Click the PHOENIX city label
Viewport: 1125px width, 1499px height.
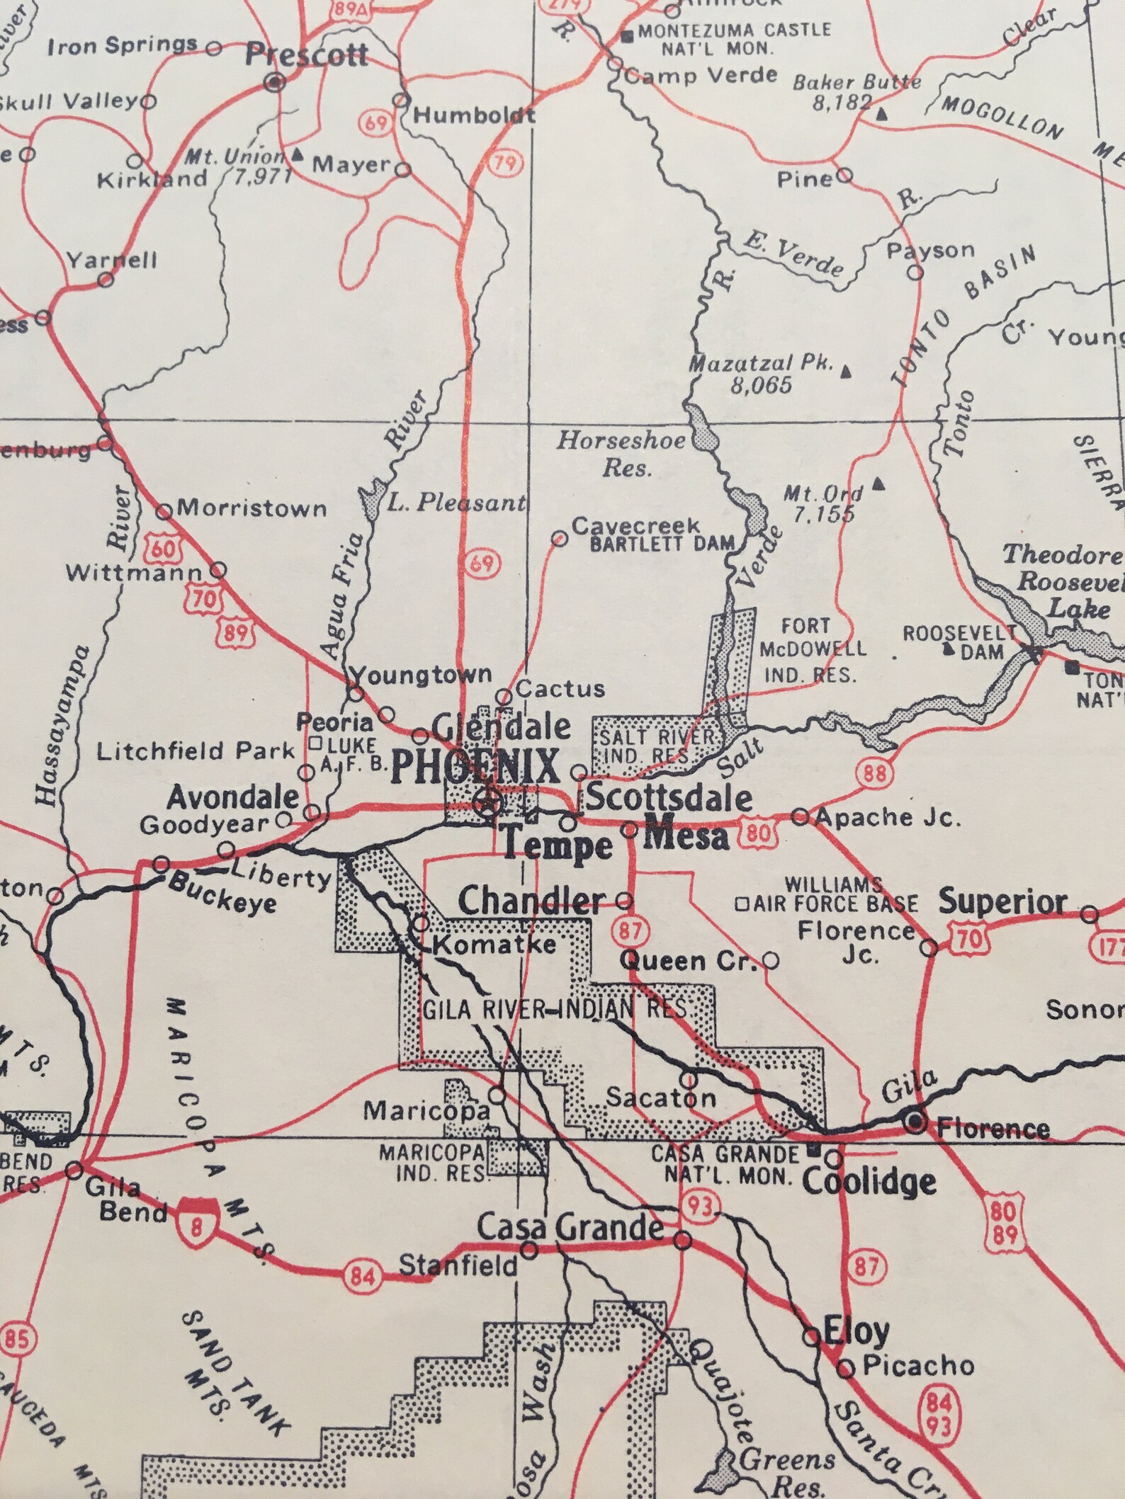(475, 768)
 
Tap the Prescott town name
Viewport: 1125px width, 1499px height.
(306, 55)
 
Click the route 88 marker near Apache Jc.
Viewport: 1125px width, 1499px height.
(874, 773)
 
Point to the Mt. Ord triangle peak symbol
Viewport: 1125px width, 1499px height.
(879, 484)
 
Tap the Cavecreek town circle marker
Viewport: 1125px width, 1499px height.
(559, 540)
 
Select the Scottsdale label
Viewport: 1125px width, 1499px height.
(669, 798)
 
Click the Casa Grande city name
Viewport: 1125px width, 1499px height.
(570, 1228)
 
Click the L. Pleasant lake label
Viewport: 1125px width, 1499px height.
(457, 503)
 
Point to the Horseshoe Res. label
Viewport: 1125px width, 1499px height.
(621, 454)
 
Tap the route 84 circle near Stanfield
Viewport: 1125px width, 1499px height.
(362, 1275)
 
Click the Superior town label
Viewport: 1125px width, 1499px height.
(1002, 903)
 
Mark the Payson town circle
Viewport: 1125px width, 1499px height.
(915, 272)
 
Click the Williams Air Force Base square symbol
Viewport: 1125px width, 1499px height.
(742, 904)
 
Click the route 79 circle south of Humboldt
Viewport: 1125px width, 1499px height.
(504, 164)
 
